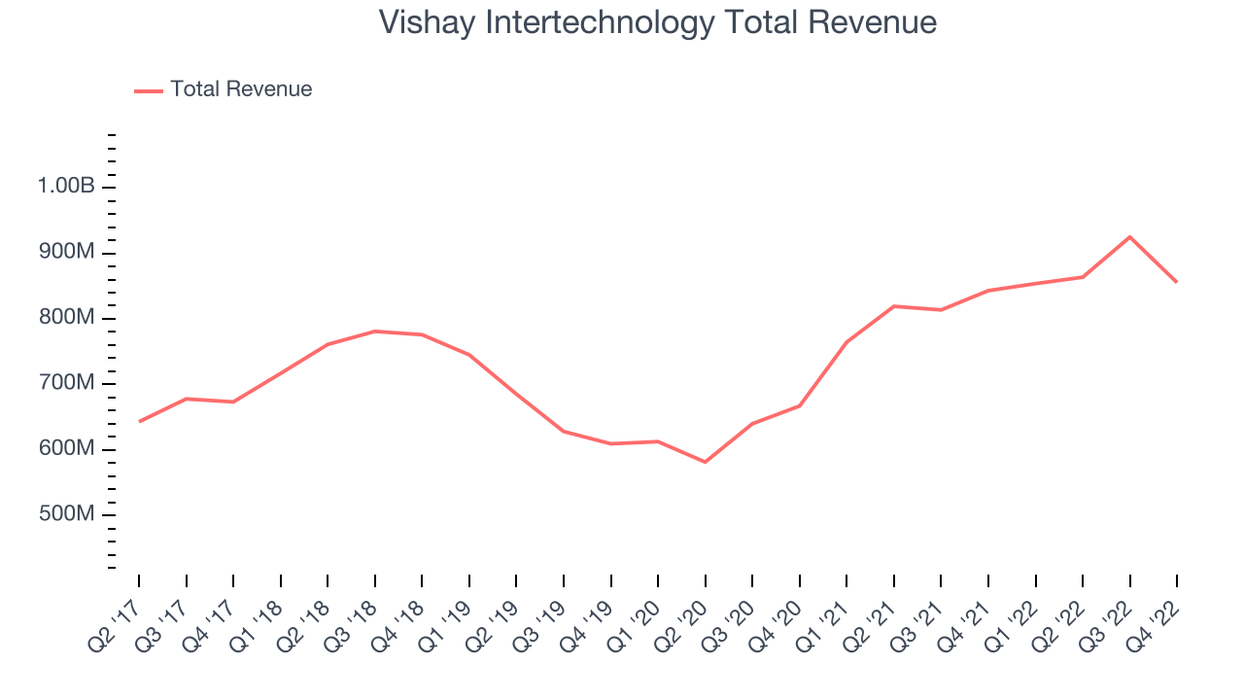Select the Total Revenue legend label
(241, 89)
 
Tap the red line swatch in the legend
(148, 90)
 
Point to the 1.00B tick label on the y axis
(66, 187)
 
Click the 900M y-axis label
(66, 253)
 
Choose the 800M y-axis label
(66, 318)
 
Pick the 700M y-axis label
(66, 383)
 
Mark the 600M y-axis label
(66, 449)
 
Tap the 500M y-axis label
(66, 514)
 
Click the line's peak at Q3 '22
(1129, 237)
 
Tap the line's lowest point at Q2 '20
(705, 462)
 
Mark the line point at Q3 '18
(374, 332)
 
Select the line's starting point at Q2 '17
(139, 422)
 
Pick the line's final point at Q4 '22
(1177, 282)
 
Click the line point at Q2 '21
(893, 306)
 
